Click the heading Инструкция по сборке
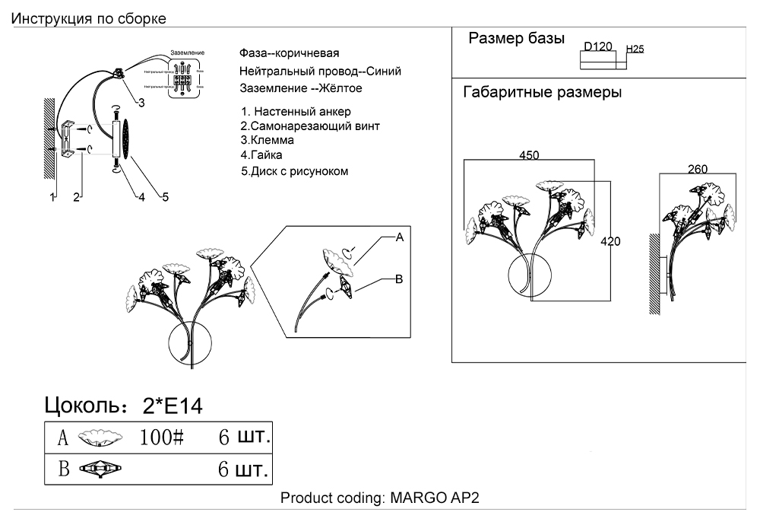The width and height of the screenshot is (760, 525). coord(89,18)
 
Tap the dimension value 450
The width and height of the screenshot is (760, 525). coord(529,155)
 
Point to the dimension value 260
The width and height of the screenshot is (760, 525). coord(698,169)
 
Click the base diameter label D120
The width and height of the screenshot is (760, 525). coord(598,46)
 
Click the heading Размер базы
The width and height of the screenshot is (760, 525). coord(516,39)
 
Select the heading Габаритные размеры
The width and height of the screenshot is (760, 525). coord(542,93)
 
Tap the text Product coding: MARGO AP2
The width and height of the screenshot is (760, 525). coord(380,498)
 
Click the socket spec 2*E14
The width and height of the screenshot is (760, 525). coord(173,406)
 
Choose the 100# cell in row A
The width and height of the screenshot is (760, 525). coord(163,438)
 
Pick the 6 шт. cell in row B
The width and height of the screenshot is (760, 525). coord(243,469)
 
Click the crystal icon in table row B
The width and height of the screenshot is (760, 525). coord(99,469)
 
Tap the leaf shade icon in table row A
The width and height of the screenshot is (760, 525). coord(99,438)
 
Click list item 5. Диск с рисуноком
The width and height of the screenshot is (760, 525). coord(295,171)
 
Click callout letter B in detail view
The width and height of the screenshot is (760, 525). coord(398,279)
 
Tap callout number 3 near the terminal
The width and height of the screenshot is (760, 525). coord(141,102)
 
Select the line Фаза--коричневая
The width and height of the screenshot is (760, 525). coord(289,54)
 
